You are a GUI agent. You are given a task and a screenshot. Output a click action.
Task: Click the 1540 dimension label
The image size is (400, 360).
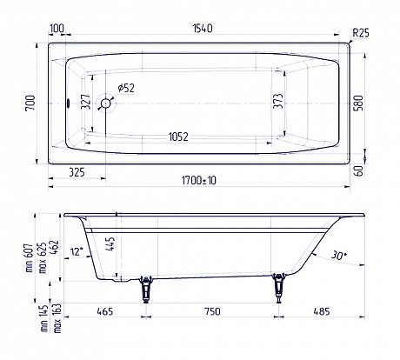point(203,29)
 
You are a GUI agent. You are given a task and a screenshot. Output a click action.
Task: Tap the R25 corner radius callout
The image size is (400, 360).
point(361,33)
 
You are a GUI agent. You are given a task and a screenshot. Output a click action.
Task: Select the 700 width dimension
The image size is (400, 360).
point(30,103)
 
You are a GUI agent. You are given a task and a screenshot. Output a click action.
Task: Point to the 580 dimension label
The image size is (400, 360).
point(358,103)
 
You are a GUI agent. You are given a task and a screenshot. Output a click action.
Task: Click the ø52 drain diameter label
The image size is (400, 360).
point(126,88)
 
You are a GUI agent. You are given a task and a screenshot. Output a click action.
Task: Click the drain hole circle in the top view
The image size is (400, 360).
point(105,103)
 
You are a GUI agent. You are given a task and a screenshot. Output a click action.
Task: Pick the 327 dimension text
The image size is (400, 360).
point(86,102)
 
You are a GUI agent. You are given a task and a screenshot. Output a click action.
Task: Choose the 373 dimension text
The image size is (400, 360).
point(277,101)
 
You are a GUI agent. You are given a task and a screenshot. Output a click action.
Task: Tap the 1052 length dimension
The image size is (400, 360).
point(178,137)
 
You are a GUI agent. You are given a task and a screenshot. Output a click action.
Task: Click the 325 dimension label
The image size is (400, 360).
point(77,172)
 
